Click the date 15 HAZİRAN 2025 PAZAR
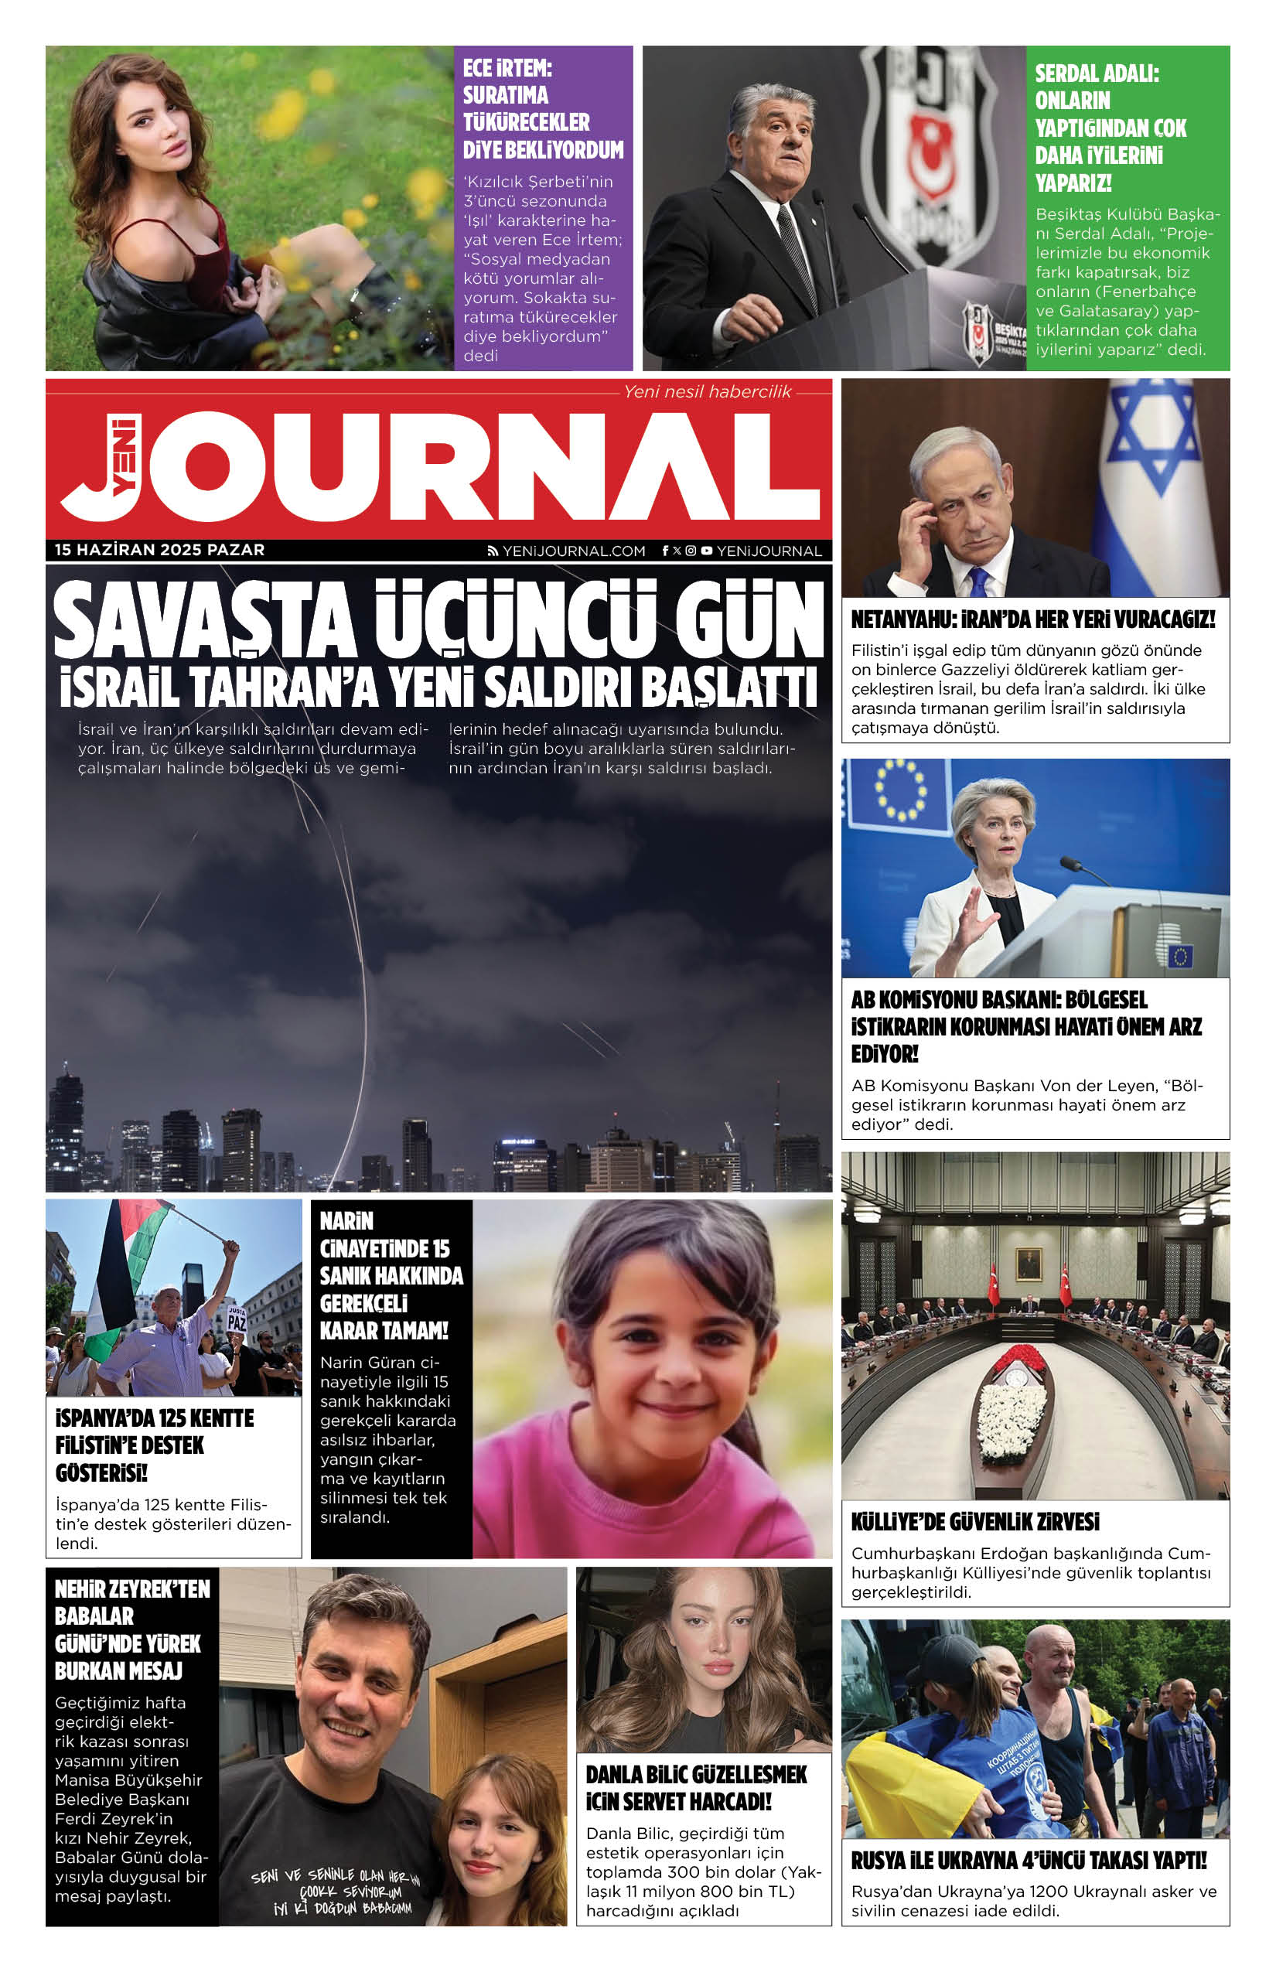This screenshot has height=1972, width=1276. pyautogui.click(x=160, y=550)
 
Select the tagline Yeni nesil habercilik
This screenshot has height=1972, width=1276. pyautogui.click(x=707, y=392)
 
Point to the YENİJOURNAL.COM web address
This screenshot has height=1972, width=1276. pyautogui.click(x=573, y=551)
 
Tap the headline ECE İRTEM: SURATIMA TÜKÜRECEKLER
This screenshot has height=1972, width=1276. pyautogui.click(x=542, y=108)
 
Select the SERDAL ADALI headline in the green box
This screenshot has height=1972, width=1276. pyautogui.click(x=1111, y=128)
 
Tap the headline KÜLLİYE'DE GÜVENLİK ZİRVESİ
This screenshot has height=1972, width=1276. pyautogui.click(x=975, y=1522)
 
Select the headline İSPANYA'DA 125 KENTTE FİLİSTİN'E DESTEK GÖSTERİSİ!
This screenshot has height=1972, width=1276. pyautogui.click(x=154, y=1445)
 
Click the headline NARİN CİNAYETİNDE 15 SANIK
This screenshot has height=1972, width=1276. pyautogui.click(x=391, y=1275)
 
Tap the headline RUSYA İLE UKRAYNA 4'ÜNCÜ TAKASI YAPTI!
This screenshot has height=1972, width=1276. pyautogui.click(x=1029, y=1860)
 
